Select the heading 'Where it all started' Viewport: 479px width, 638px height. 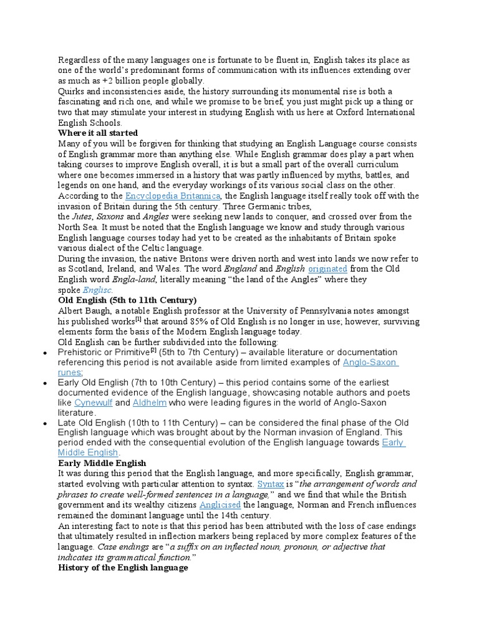[98, 133]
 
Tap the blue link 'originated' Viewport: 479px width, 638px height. [327, 269]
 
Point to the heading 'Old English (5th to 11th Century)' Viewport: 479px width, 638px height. [127, 300]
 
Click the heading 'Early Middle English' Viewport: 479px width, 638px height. [102, 463]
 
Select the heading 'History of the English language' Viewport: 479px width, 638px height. [123, 568]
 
